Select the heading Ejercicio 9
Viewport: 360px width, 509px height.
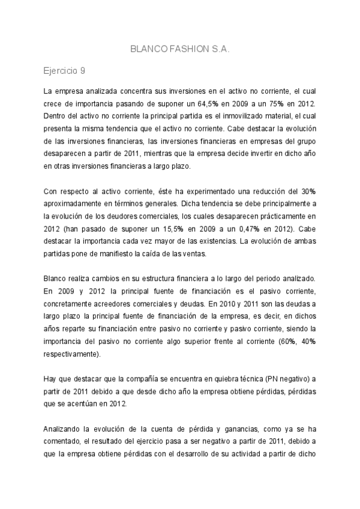(64, 71)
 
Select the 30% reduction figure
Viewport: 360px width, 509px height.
(309, 192)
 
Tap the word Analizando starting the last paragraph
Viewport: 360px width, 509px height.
(64, 430)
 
